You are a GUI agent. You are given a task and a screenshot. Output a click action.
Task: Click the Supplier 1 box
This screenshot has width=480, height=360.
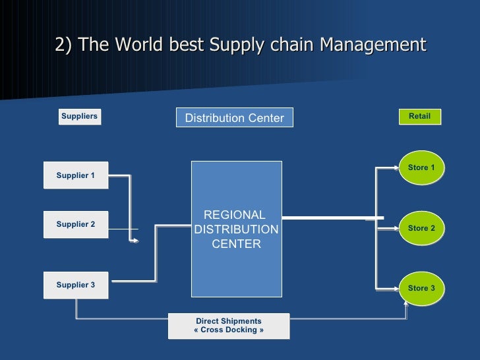point(76,175)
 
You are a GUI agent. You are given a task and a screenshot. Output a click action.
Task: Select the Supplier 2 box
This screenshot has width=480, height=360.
point(76,225)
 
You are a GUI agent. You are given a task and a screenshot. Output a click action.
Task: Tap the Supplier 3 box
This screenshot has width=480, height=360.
point(76,285)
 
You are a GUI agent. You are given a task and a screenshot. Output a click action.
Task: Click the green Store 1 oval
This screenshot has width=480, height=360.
point(421,168)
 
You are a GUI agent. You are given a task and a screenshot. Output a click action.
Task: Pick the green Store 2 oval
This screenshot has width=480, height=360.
point(421,229)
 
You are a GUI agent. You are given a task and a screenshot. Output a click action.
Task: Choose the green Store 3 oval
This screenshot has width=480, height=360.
point(421,289)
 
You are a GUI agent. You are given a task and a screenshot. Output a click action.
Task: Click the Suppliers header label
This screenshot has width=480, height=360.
point(79,117)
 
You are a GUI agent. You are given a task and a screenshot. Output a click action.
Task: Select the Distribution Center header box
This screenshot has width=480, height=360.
point(234,118)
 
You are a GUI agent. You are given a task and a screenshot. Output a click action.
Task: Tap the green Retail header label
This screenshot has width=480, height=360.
point(419,117)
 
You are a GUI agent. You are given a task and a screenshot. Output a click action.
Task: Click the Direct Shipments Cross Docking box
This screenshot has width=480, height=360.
point(229,326)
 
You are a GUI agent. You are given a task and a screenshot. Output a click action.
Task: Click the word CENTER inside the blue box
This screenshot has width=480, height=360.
point(236,245)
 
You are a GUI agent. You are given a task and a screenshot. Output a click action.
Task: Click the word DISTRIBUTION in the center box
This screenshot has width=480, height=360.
point(236,229)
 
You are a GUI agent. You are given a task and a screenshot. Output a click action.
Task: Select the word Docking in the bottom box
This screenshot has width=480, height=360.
point(242,330)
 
